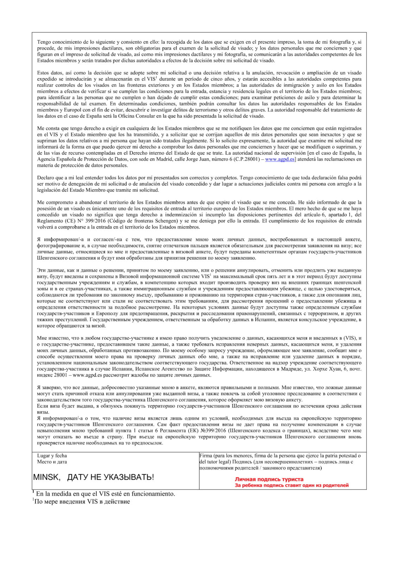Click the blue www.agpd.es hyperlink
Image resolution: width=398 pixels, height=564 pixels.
click(279, 159)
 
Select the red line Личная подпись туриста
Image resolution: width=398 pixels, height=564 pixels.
click(269, 479)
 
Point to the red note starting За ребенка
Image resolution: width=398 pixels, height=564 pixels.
click(292, 485)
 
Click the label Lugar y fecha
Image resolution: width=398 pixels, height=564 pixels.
click(52, 455)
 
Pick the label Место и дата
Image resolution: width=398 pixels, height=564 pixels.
click(52, 462)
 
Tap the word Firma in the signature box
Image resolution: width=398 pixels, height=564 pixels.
click(206, 455)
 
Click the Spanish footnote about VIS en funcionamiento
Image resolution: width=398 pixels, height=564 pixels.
click(105, 494)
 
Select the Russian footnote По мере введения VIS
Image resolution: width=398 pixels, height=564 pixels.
click(82, 501)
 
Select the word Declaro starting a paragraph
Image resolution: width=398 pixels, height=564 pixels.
click(46, 178)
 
